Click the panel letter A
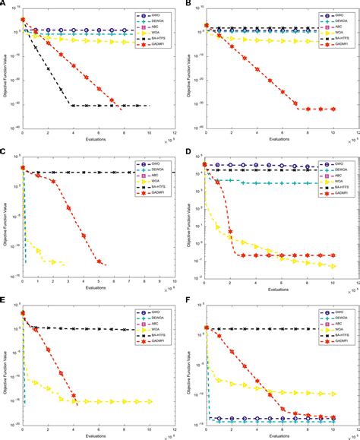point(4,4)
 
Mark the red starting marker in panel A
point(24,20)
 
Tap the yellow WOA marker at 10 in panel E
point(150,401)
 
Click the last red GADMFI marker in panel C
point(99,261)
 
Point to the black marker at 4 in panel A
point(74,106)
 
